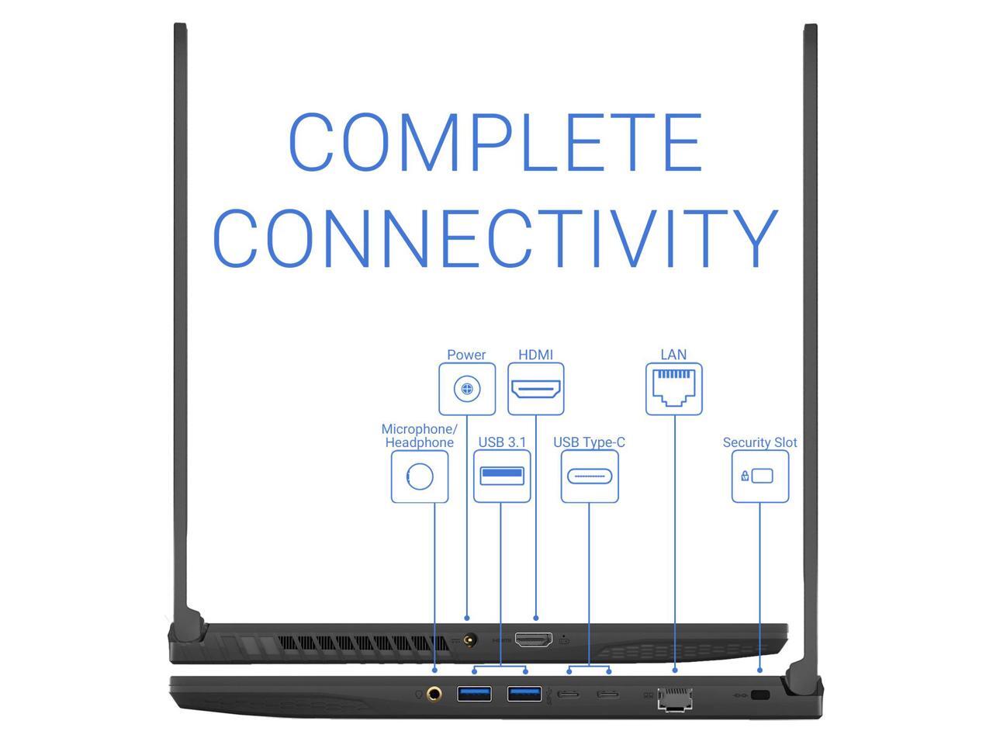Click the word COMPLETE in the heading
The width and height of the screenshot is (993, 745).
pos(495,143)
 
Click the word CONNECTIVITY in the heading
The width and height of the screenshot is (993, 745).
pos(495,237)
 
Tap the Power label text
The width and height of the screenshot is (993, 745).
pos(466,355)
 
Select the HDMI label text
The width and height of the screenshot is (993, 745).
pos(535,355)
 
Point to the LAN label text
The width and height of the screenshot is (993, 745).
pos(673,355)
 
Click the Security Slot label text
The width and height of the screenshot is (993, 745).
pos(759,442)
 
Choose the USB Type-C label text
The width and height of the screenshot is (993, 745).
pos(589,442)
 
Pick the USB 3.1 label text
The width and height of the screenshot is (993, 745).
pos(502,442)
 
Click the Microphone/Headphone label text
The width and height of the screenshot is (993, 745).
pos(420,436)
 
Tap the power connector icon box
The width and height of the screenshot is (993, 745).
pos(467,389)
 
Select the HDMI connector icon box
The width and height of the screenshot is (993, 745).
pos(536,389)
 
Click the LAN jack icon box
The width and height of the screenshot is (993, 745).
pos(674,389)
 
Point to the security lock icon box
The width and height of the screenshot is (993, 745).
pos(760,476)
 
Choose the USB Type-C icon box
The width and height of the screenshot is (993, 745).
pos(590,476)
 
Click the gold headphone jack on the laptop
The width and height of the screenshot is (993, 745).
pos(434,693)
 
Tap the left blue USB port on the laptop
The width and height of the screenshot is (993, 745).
pos(474,693)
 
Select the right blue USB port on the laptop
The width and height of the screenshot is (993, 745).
pos(524,693)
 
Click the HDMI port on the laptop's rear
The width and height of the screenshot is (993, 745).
pos(534,640)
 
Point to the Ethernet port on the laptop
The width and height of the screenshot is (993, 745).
pos(675,698)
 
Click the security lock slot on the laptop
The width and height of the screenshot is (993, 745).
pos(760,695)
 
